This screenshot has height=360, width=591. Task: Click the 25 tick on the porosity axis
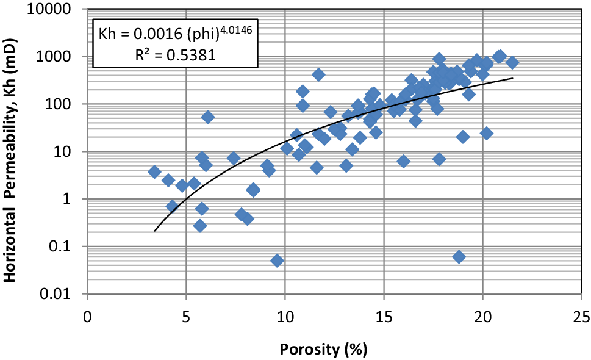click(x=581, y=318)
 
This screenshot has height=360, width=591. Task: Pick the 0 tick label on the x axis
click(x=88, y=318)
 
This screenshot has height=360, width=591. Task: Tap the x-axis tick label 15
click(x=384, y=318)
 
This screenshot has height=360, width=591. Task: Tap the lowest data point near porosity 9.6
click(x=277, y=261)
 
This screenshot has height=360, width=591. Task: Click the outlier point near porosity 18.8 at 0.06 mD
click(x=459, y=257)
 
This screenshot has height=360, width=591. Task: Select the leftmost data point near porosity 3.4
click(x=154, y=172)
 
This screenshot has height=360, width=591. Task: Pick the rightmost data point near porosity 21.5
click(x=512, y=62)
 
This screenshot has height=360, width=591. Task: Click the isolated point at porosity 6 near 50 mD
click(x=208, y=117)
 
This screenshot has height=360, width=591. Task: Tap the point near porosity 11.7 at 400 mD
click(x=318, y=74)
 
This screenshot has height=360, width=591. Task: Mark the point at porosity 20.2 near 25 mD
click(x=487, y=133)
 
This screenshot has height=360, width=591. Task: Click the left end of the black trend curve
click(x=155, y=231)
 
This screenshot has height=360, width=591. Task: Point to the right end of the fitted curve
click(x=512, y=78)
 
